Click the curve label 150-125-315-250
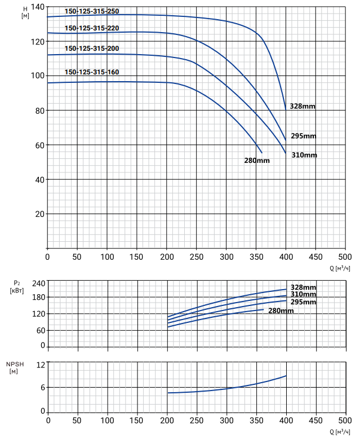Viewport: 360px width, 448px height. pos(92,11)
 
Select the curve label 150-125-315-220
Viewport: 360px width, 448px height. pos(92,28)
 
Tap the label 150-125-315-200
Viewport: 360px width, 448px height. pos(92,48)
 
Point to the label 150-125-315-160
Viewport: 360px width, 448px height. pos(92,72)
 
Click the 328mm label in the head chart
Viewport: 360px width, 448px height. pos(303,107)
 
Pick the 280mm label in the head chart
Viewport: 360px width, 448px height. pos(257,161)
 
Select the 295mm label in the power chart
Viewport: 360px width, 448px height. pos(304,302)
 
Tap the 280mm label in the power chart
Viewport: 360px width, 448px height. pos(281,311)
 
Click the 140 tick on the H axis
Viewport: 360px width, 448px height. pos(37,7)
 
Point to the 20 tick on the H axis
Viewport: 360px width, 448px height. pos(39,214)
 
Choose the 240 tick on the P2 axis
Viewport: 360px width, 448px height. pos(38,283)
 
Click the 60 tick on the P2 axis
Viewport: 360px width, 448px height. pos(41,331)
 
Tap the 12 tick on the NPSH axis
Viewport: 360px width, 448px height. pos(41,365)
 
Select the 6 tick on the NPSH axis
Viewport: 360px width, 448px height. pos(43,388)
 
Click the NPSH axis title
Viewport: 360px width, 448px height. pos(15,368)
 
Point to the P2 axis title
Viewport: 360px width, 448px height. pos(17,287)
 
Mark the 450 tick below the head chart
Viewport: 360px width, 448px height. pos(315,257)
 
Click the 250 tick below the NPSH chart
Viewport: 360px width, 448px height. pos(197,420)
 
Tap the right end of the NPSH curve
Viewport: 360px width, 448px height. pos(286,376)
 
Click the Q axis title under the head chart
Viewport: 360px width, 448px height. pos(340,268)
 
